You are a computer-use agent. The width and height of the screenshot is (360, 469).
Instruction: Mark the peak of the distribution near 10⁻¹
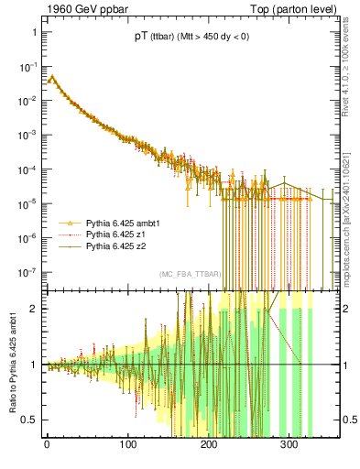coord(52,78)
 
